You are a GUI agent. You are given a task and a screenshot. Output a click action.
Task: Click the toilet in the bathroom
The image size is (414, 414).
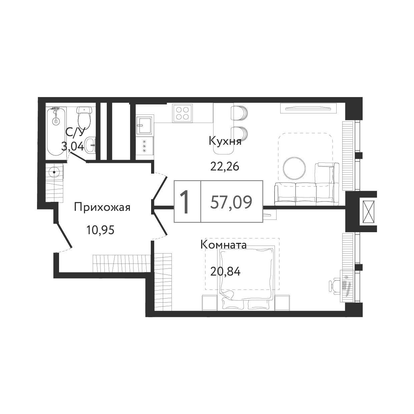coord(84,117)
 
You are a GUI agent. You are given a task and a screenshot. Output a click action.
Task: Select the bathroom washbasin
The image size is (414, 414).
coord(90,145)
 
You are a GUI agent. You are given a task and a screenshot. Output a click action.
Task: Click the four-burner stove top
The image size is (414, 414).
coord(182,113)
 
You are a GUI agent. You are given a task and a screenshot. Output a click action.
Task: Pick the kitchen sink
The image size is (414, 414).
coord(145,125)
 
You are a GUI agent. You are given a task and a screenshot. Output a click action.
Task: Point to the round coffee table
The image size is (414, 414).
coord(294,168)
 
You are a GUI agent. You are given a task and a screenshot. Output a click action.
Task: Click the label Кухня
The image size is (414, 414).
coord(225,141)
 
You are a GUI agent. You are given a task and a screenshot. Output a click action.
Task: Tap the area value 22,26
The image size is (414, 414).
coord(225,166)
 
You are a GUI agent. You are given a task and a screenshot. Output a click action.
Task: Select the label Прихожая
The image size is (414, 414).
coord(102,208)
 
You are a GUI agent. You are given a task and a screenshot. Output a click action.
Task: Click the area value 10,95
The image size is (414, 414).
coord(100,230)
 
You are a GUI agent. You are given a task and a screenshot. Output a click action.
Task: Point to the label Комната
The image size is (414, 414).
coord(224,245)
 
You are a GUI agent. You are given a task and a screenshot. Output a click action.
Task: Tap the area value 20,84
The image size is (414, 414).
coord(226,272)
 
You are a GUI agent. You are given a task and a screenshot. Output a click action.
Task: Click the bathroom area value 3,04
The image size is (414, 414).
coord(72,147)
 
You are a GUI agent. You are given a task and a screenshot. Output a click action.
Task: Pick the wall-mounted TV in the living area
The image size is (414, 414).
coord(308,108)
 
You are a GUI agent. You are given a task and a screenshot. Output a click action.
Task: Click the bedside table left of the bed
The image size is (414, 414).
coord(210,303)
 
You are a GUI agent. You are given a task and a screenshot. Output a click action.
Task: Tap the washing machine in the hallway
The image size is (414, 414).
coord(55,172)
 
